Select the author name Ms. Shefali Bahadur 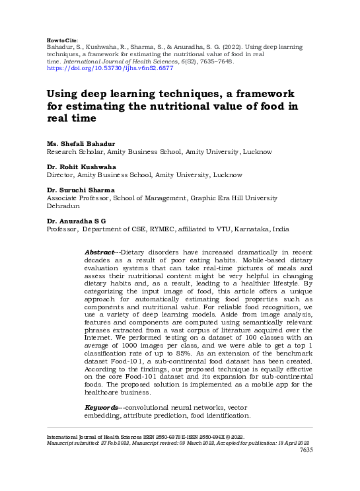[x=81, y=143]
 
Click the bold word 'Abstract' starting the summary [x=100, y=253]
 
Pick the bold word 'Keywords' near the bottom [x=102, y=408]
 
